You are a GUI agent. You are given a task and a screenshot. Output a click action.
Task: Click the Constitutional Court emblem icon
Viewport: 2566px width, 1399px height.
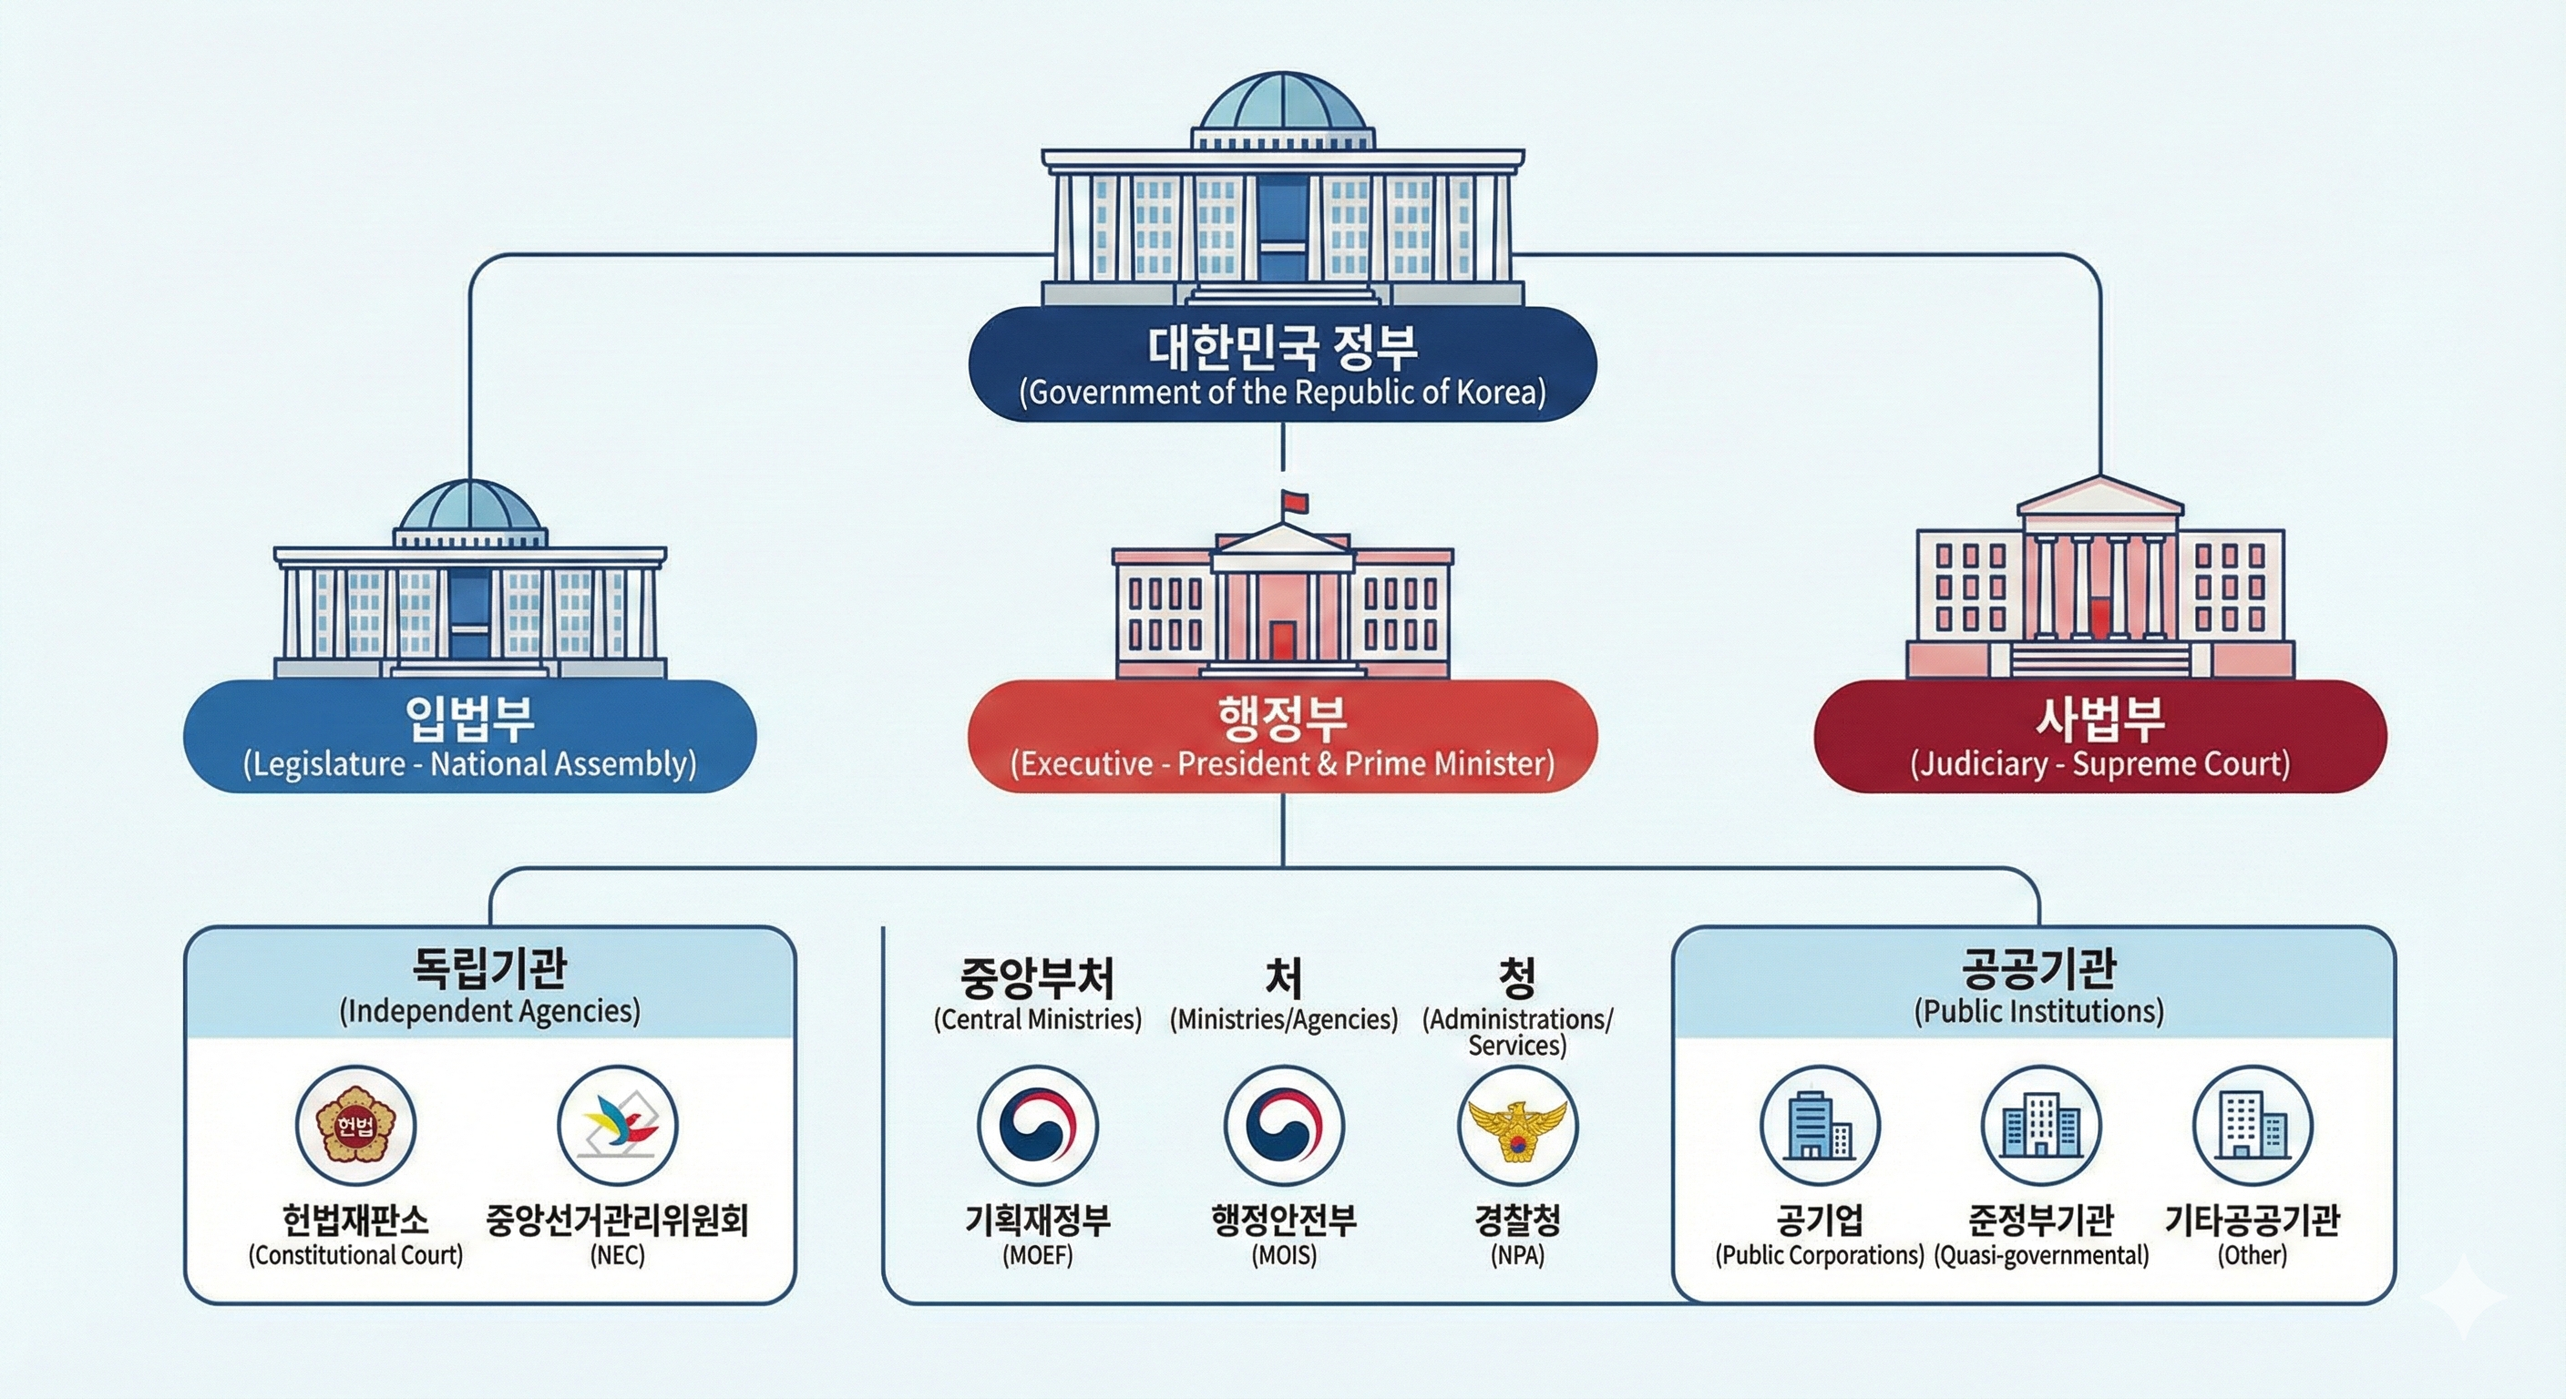(x=355, y=1125)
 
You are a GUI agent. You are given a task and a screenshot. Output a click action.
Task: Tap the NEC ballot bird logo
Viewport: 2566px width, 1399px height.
(x=618, y=1125)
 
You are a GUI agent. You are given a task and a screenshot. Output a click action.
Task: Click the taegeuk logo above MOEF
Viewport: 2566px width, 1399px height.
(x=1037, y=1125)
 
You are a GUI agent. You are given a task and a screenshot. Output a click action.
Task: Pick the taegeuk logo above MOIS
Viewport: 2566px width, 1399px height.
(x=1284, y=1125)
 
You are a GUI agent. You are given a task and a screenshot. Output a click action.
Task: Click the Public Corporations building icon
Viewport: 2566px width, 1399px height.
(x=1819, y=1125)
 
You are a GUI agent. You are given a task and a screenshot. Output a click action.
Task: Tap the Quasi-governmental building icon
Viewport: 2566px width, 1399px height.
(x=2041, y=1125)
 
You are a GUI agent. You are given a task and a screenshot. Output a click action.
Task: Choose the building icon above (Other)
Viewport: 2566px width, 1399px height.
(x=2253, y=1125)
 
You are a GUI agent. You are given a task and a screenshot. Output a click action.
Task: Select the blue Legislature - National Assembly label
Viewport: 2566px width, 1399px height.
(x=470, y=736)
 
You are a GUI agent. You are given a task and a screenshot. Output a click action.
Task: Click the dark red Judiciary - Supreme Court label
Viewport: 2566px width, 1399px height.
(x=2099, y=736)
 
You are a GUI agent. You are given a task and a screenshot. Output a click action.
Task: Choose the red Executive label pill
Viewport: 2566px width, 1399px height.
(x=1283, y=736)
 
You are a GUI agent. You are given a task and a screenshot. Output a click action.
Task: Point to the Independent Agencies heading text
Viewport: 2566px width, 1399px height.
(x=490, y=985)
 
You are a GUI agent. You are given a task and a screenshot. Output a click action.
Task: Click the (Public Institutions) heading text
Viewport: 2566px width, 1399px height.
(x=2039, y=1012)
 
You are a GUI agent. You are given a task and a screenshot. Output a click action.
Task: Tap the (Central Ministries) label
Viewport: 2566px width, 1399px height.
(x=1037, y=1019)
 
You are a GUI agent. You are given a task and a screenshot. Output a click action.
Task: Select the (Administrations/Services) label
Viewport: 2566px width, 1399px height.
(x=1517, y=1032)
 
